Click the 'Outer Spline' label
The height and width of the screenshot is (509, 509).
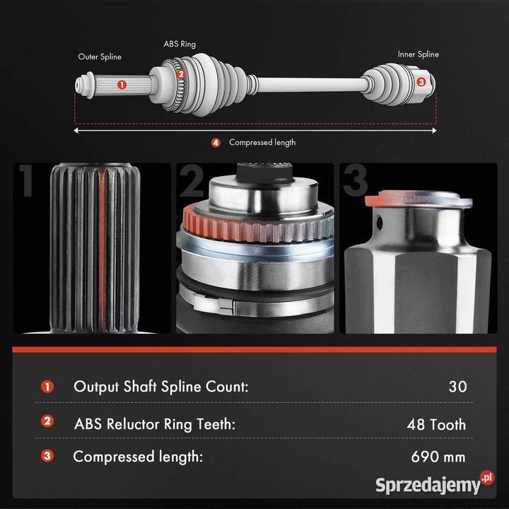100,57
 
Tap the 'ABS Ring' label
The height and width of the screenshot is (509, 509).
180,44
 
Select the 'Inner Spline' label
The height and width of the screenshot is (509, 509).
418,54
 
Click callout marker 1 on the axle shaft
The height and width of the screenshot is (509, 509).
122,85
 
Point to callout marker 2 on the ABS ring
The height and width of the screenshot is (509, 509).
181,74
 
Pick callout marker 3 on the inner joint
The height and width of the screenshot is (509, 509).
421,81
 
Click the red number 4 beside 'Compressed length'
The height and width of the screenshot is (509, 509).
216,143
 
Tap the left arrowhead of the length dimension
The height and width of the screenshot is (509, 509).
76,131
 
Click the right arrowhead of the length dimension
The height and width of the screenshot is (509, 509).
434,131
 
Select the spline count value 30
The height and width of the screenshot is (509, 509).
457,387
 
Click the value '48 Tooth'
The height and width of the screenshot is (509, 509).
436,424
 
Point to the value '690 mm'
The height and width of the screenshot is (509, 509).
438,457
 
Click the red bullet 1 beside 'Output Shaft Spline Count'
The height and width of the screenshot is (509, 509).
47,387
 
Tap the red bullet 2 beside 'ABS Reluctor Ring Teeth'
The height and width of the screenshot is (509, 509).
47,421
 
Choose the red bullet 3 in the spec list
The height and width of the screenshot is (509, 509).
47,455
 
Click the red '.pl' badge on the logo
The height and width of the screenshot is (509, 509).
487,478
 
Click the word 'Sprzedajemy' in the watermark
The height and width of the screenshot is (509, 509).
428,486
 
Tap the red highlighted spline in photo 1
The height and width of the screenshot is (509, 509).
103,248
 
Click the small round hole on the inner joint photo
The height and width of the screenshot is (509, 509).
379,223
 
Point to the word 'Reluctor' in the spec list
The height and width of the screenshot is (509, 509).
134,424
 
